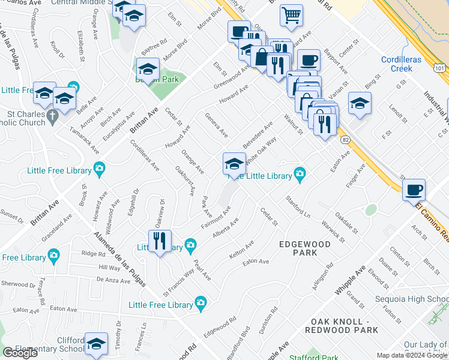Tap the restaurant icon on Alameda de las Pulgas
159,241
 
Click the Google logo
20,353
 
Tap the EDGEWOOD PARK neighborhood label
305,248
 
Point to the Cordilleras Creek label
405,64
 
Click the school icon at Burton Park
148,70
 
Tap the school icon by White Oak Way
234,164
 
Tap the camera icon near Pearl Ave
200,305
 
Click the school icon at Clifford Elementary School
96,344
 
